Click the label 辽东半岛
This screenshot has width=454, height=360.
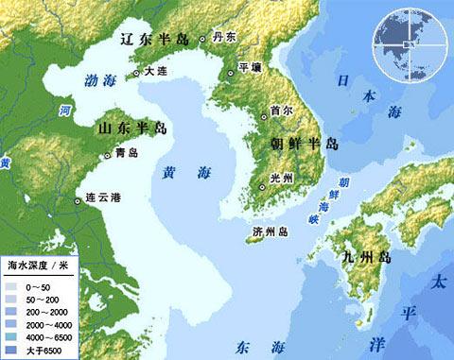[x=153, y=41]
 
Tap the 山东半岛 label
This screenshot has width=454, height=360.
[x=133, y=128]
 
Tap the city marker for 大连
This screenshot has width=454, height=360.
[x=136, y=72]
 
